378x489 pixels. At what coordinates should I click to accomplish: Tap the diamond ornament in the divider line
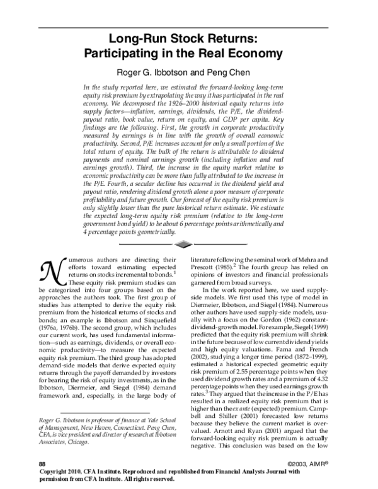(182, 243)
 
